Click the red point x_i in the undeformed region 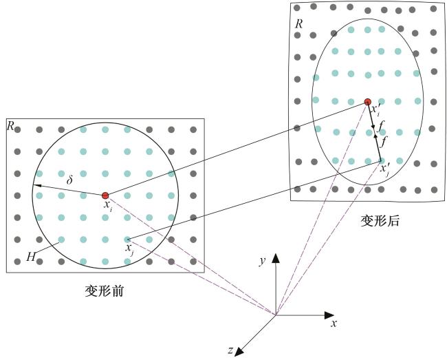105,195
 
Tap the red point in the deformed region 368,102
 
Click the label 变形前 105,291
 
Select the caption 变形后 380,221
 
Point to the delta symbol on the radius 69,180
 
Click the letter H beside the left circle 31,257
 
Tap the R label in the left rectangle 10,125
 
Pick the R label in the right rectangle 298,24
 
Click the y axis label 262,261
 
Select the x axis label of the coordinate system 334,324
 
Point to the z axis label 230,350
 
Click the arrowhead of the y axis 276,258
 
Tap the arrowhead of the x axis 329,315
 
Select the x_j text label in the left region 129,248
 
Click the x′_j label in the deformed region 385,169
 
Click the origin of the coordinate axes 276,315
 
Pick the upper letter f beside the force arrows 382,125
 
